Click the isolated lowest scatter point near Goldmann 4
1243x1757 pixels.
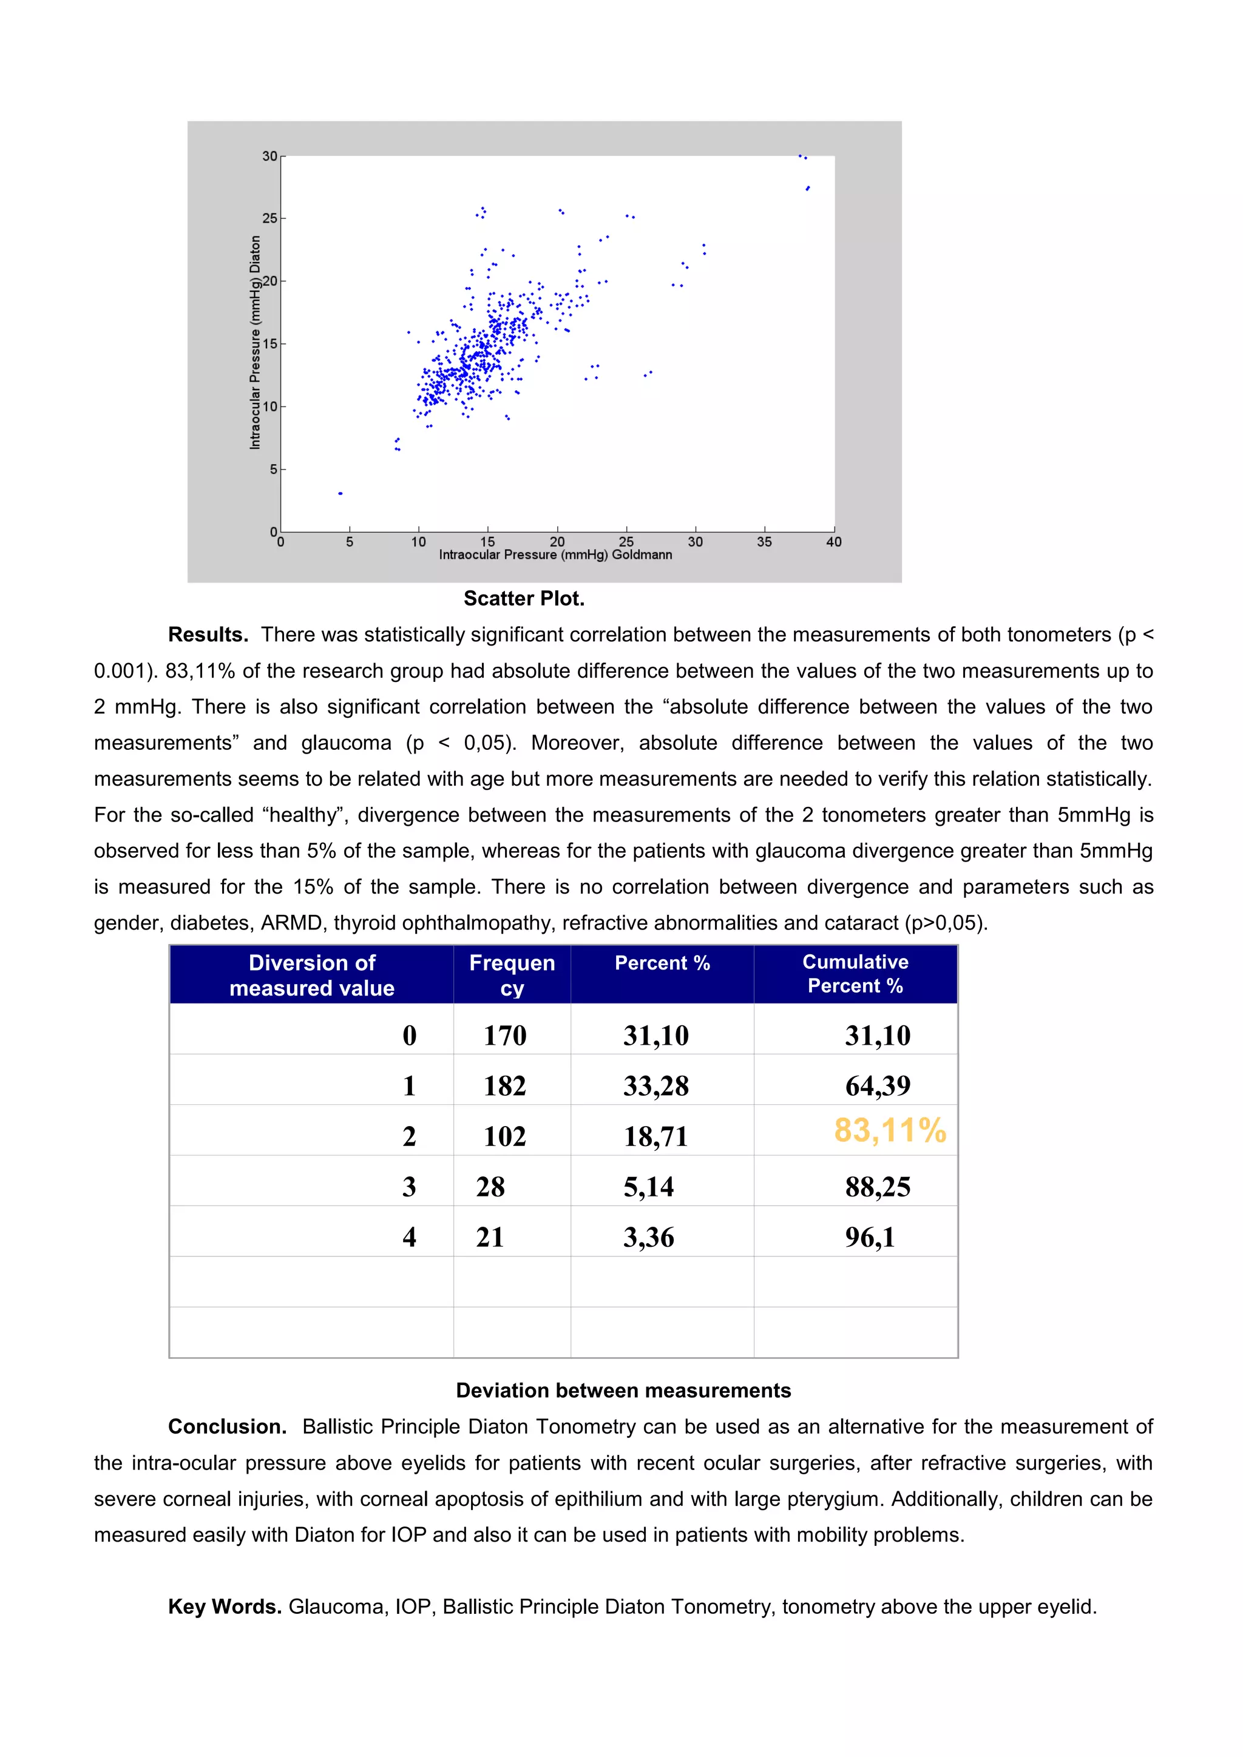click(340, 494)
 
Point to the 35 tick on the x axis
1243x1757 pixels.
click(764, 542)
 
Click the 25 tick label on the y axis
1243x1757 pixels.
click(270, 219)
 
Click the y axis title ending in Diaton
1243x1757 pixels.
click(255, 342)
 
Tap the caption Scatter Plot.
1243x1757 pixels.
click(524, 598)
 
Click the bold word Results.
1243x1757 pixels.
click(208, 635)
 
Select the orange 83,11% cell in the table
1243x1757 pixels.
click(889, 1130)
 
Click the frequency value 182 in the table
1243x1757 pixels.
click(504, 1086)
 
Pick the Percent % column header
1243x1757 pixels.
click(662, 963)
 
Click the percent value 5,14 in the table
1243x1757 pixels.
click(648, 1187)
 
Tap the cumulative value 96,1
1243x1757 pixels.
click(870, 1238)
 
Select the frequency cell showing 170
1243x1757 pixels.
click(504, 1036)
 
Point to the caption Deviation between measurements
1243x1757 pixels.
click(623, 1391)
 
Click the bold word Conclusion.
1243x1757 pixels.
click(226, 1426)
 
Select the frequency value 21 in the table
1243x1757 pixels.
click(490, 1238)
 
